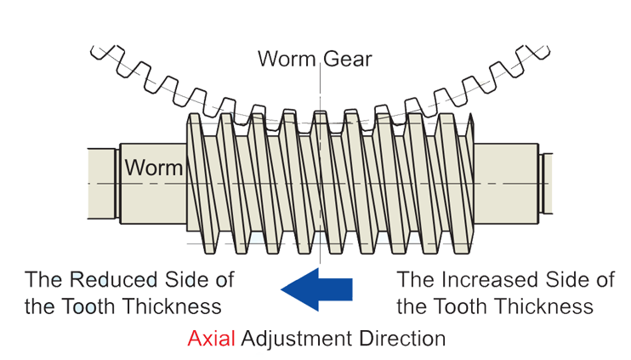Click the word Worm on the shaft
pyautogui.click(x=154, y=167)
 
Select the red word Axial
pyautogui.click(x=212, y=338)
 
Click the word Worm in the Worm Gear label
pyautogui.click(x=287, y=59)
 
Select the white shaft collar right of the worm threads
pyautogui.click(x=503, y=183)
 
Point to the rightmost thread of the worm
pyautogui.click(x=461, y=183)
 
